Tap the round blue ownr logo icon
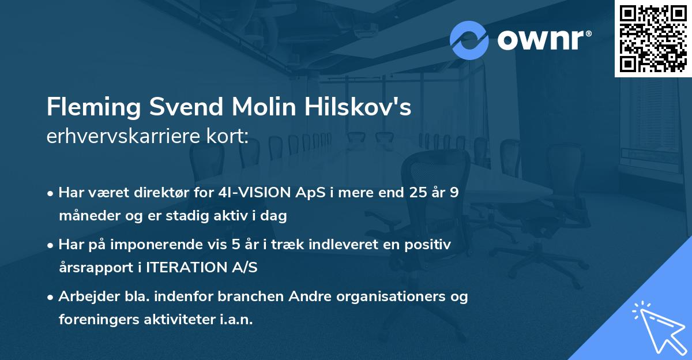coord(469,40)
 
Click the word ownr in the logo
coord(542,40)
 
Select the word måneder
coord(85,216)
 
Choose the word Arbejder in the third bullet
coord(85,297)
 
